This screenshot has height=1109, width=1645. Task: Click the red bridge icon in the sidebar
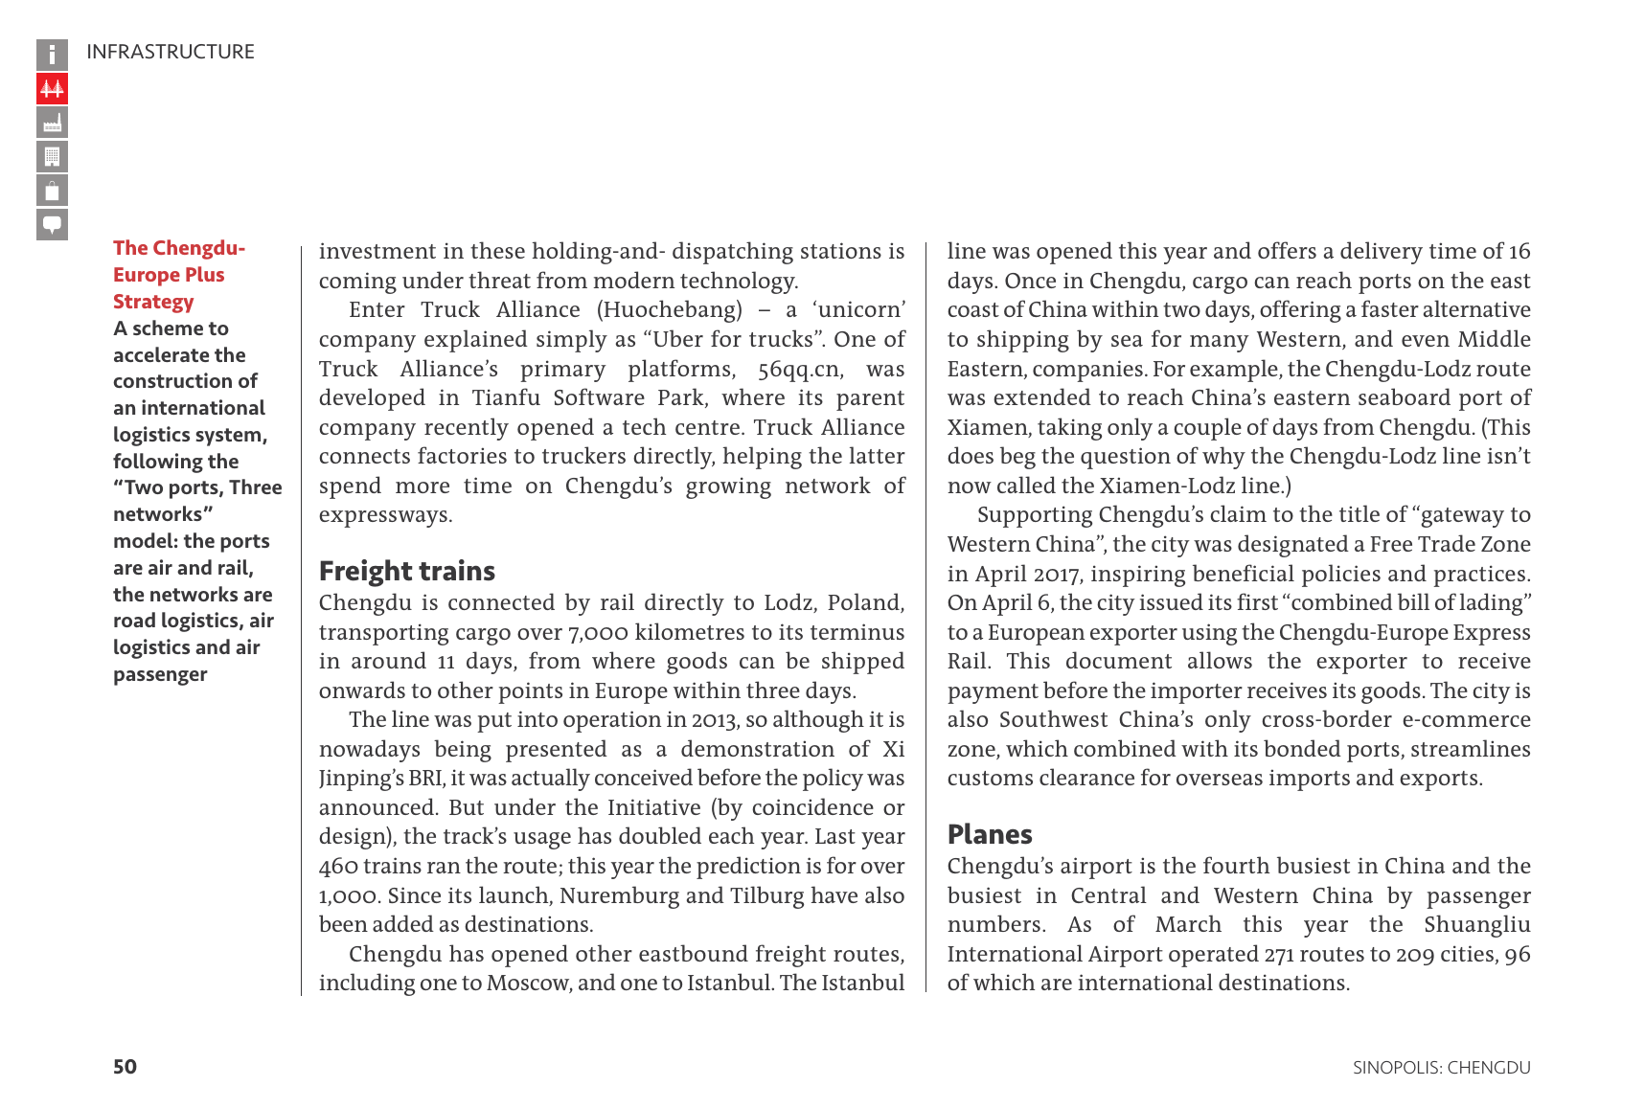pyautogui.click(x=52, y=89)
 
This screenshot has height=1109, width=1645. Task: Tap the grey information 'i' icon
pyautogui.click(x=52, y=55)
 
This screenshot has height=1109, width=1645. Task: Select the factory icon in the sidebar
pyautogui.click(x=52, y=123)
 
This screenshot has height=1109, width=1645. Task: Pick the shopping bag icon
pyautogui.click(x=52, y=191)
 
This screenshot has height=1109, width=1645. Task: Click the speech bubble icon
pyautogui.click(x=52, y=224)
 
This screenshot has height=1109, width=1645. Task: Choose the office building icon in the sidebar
pyautogui.click(x=52, y=156)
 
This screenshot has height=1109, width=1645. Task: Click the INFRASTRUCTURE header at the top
pyautogui.click(x=171, y=52)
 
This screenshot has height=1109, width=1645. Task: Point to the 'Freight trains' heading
pyautogui.click(x=406, y=571)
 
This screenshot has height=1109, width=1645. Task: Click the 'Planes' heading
pyautogui.click(x=990, y=834)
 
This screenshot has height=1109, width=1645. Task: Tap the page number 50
pyautogui.click(x=125, y=1067)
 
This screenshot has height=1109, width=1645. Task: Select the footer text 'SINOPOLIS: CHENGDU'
pyautogui.click(x=1441, y=1068)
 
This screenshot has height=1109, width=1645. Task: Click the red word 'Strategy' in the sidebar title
pyautogui.click(x=153, y=302)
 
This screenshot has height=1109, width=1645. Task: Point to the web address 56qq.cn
pyautogui.click(x=800, y=370)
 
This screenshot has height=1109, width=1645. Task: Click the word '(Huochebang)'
pyautogui.click(x=669, y=310)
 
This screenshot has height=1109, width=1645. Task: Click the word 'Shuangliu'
pyautogui.click(x=1476, y=925)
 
